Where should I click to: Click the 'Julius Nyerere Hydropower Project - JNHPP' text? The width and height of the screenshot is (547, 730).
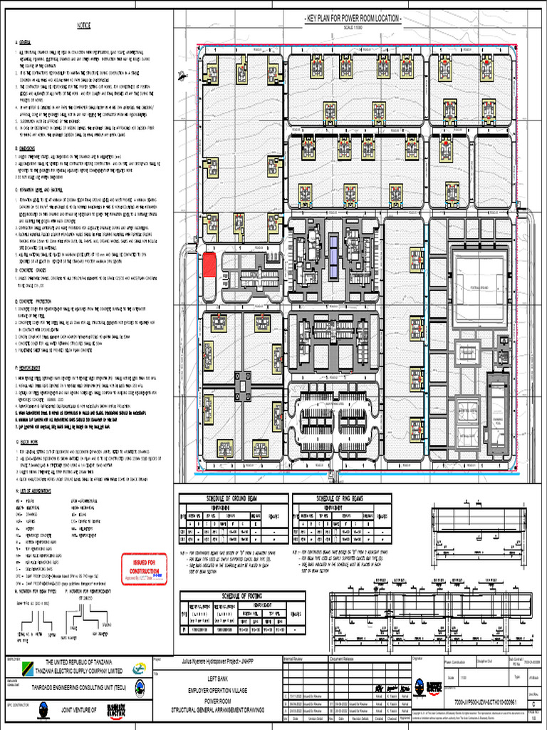pyautogui.click(x=218, y=662)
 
